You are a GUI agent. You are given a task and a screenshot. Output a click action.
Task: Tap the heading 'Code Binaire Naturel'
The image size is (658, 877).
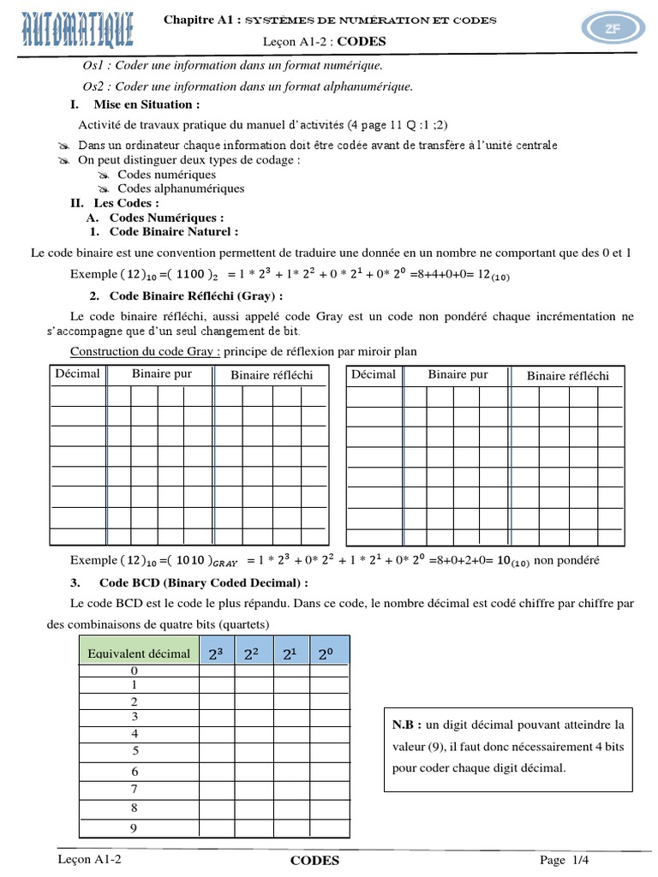pyautogui.click(x=174, y=231)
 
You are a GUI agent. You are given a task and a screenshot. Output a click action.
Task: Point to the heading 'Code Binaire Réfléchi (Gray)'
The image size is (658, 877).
pyautogui.click(x=196, y=296)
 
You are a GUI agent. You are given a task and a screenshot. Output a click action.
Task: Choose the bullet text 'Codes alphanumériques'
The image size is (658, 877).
pyautogui.click(x=181, y=188)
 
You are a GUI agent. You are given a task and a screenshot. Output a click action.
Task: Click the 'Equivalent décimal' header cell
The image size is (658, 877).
pyautogui.click(x=139, y=653)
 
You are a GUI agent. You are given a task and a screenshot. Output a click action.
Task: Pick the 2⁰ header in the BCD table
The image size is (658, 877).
pyautogui.click(x=326, y=654)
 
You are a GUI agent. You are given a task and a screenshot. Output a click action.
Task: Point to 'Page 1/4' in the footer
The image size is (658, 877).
pyautogui.click(x=565, y=860)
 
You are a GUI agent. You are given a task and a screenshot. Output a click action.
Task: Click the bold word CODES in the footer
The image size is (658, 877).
pyautogui.click(x=314, y=861)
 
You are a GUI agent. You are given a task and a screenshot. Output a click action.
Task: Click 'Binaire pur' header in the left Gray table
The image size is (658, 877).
pyautogui.click(x=162, y=374)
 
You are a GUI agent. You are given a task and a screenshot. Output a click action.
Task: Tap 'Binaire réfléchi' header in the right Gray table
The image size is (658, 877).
pyautogui.click(x=568, y=375)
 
